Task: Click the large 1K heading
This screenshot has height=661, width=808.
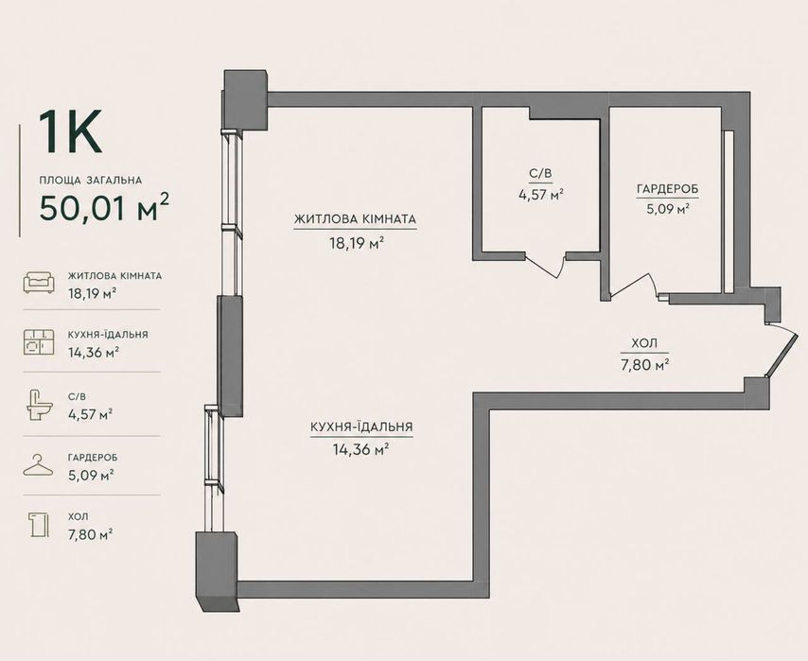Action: [71, 131]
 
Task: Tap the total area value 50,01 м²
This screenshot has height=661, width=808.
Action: [104, 207]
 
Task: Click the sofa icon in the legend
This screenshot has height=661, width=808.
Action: [39, 283]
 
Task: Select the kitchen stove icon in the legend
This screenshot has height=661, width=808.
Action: [39, 341]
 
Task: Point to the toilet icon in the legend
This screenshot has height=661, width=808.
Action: [40, 406]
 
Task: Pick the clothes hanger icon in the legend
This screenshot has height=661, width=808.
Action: [38, 465]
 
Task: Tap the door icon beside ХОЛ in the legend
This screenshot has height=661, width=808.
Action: [39, 525]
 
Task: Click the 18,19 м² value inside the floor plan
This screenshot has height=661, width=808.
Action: [357, 243]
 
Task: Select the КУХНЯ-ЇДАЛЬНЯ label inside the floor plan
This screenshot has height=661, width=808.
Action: [361, 427]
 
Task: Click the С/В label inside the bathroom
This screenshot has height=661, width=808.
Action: [540, 174]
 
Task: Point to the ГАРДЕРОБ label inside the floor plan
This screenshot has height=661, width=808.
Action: [667, 189]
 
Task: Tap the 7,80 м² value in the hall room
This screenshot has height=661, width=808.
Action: [644, 365]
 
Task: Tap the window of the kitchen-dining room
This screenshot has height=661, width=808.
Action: [215, 470]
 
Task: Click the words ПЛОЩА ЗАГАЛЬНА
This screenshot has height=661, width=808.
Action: [91, 181]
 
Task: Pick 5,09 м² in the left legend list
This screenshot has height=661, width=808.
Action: [91, 475]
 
